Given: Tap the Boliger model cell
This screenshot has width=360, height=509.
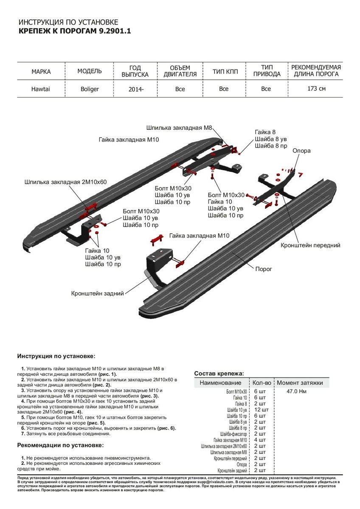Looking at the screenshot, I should tap(90, 89).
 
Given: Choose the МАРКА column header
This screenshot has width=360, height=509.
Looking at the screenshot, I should tap(41, 71).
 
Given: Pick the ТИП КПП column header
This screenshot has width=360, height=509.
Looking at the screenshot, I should tap(224, 71).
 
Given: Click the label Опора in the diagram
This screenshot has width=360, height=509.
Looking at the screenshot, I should tap(301, 151).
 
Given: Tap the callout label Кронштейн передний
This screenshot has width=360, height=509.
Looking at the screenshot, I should tap(310, 245).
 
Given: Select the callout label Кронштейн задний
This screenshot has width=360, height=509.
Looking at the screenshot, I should tap(98, 293).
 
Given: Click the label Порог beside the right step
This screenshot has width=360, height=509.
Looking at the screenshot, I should tap(263, 269).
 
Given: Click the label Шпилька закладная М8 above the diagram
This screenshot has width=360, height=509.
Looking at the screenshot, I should tap(179, 127).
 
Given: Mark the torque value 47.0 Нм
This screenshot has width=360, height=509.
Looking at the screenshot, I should tap(296, 391).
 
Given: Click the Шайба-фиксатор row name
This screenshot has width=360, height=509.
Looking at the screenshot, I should tap(233, 434).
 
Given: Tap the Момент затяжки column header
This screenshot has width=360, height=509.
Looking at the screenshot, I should tap(300, 383).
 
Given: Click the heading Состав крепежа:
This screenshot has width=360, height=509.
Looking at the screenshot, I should tap(219, 373).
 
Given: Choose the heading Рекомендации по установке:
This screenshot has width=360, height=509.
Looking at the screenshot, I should tap(60, 445).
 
